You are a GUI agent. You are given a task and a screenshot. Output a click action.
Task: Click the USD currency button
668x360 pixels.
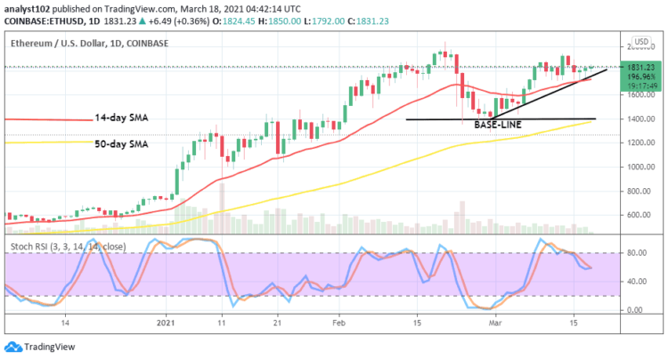coord(639,43)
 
